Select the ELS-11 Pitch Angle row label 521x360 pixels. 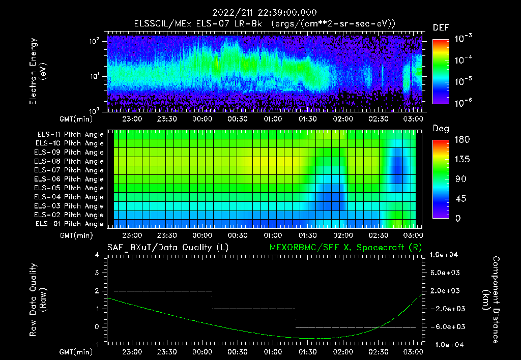coord(70,135)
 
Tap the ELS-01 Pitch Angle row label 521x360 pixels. coord(70,224)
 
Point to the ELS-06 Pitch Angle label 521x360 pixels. coord(70,179)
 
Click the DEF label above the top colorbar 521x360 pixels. coord(441,28)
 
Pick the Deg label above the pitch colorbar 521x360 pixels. coord(440,129)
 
